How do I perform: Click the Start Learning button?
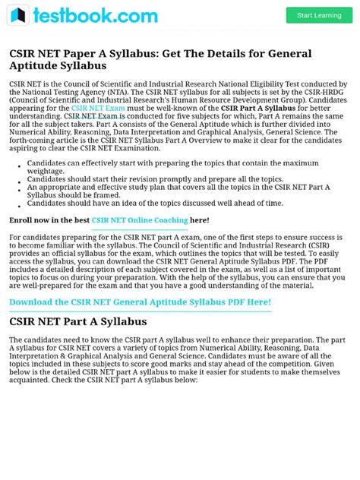click(x=319, y=15)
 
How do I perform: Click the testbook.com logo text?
click(x=96, y=15)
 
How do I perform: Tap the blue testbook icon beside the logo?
click(x=18, y=15)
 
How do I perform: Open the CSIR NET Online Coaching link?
click(x=140, y=220)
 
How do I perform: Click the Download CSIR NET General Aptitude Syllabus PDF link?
click(x=140, y=302)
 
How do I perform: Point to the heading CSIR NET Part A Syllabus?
click(x=77, y=321)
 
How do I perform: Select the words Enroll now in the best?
click(x=49, y=220)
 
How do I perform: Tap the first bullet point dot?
click(x=17, y=163)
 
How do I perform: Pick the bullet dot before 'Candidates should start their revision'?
click(x=17, y=178)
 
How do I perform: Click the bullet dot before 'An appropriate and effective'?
click(x=17, y=187)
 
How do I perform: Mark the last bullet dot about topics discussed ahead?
click(x=17, y=204)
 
